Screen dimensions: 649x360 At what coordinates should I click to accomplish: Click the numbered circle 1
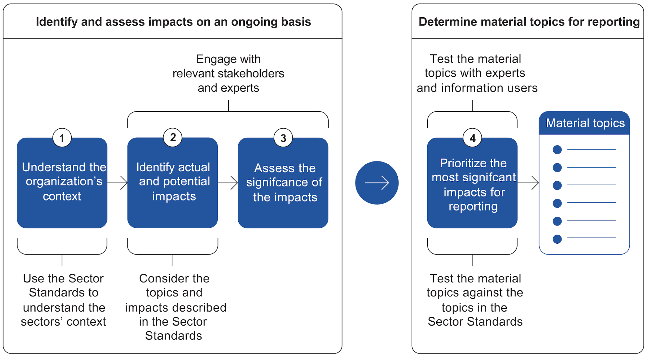62,138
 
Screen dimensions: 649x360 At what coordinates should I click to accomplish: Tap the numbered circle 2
173,137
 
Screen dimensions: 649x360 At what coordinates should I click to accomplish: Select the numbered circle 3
283,138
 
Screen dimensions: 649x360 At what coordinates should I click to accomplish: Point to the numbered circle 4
472,138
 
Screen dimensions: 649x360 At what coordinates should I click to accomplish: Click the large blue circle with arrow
377,183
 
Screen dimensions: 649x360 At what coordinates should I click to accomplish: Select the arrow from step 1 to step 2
118,183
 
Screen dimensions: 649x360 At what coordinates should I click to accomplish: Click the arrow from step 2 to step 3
228,183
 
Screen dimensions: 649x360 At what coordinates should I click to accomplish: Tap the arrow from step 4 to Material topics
528,183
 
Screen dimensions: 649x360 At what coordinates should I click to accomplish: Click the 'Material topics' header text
585,123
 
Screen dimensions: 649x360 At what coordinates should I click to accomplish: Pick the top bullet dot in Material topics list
557,150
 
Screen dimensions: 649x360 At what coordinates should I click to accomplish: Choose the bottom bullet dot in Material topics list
557,239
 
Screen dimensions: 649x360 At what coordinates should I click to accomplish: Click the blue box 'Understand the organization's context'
62,183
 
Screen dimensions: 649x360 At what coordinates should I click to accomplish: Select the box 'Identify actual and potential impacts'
173,183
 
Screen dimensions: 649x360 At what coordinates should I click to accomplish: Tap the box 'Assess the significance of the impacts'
283,183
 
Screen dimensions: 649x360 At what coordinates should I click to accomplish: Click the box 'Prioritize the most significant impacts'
472,183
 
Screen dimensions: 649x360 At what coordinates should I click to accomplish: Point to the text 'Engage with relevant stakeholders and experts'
229,73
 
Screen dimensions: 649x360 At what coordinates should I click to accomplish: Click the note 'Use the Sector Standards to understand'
64,300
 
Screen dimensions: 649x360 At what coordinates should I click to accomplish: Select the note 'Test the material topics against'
475,300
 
